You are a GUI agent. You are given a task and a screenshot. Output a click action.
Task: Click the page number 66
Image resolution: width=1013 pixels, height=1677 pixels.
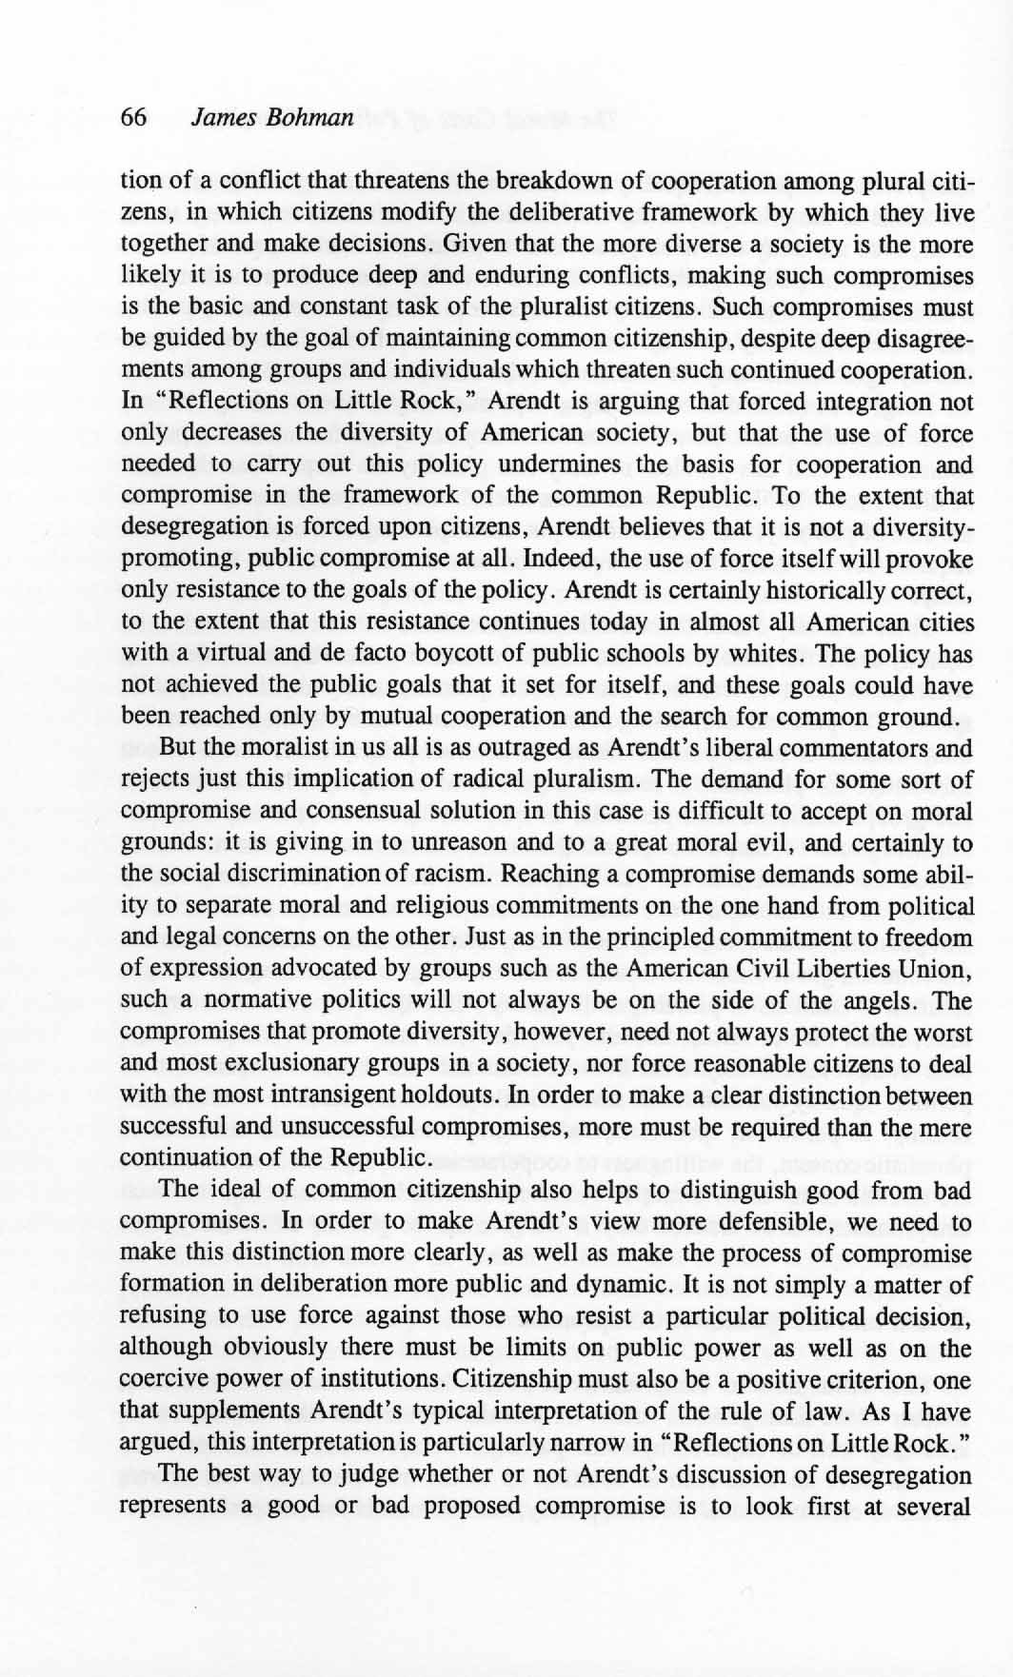pos(133,118)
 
